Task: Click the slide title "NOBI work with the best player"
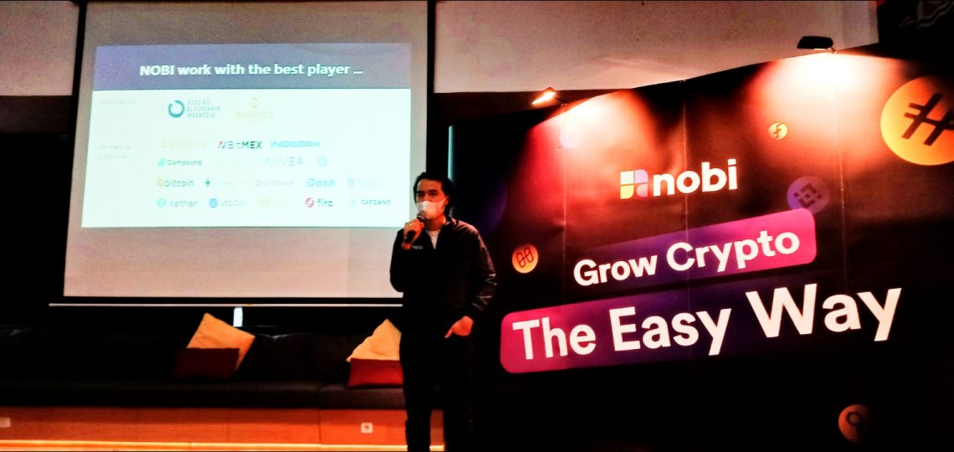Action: click(250, 70)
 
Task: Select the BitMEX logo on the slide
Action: click(239, 144)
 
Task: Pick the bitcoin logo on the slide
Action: click(175, 182)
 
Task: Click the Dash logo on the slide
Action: click(320, 182)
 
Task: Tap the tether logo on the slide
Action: click(177, 203)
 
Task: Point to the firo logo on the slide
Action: click(319, 203)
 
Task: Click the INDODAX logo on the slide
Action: click(295, 144)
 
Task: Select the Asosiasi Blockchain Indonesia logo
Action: click(191, 109)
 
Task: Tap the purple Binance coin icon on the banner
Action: click(808, 194)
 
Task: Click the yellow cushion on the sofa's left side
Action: click(220, 336)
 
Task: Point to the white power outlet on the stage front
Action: click(367, 427)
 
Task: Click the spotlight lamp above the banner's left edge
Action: click(545, 97)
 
